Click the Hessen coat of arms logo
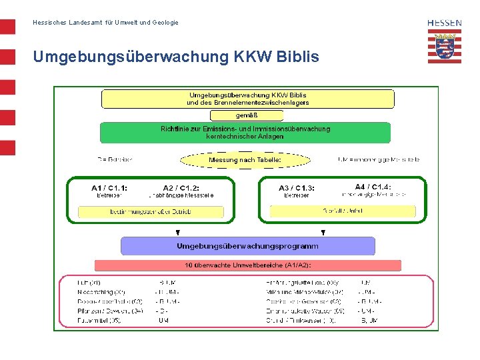click(445, 47)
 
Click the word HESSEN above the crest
click(445, 23)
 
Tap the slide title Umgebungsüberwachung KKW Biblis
click(176, 57)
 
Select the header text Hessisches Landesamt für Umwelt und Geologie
click(105, 23)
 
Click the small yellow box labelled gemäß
click(247, 115)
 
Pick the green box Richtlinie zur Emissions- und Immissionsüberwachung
click(245, 132)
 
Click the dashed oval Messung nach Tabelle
click(245, 160)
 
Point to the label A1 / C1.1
click(109, 188)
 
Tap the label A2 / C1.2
click(181, 188)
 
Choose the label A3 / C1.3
click(297, 188)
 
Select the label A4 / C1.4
click(373, 187)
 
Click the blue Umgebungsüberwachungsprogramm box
click(247, 246)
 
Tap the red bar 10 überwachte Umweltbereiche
click(247, 265)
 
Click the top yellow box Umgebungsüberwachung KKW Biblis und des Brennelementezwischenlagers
click(247, 99)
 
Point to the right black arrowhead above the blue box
click(323, 233)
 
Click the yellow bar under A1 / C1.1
click(151, 212)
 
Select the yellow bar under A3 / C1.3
click(343, 211)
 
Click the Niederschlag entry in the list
click(102, 292)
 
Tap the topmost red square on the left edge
click(7, 27)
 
